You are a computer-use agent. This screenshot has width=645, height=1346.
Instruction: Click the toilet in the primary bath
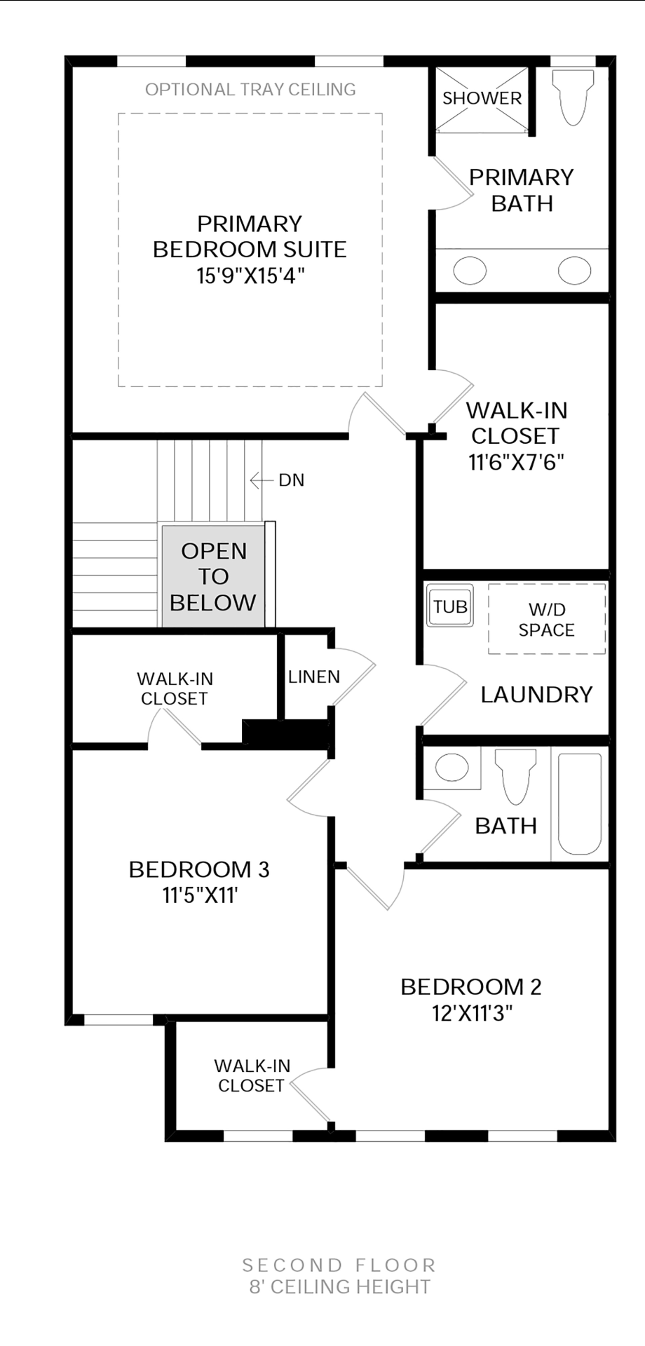click(573, 96)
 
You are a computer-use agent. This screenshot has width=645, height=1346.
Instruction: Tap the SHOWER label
click(482, 98)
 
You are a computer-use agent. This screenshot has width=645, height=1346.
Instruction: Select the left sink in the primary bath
click(470, 271)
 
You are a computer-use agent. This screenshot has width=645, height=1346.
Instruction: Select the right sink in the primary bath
click(574, 271)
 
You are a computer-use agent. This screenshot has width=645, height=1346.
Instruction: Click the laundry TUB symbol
click(450, 606)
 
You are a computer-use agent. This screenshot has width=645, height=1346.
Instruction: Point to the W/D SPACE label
click(547, 620)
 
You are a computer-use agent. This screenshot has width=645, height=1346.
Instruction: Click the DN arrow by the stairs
click(261, 480)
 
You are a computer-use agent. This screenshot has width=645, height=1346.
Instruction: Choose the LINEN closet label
click(314, 677)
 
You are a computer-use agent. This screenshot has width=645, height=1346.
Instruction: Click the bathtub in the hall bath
click(580, 803)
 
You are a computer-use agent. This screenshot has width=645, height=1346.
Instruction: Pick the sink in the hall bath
click(452, 767)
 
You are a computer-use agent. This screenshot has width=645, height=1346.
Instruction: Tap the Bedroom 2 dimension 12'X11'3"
click(473, 1013)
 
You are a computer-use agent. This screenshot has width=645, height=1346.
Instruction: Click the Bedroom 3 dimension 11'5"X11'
click(201, 895)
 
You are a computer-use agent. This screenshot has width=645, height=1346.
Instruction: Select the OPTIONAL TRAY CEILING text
click(250, 90)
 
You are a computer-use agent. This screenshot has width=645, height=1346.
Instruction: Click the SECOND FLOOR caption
click(339, 1265)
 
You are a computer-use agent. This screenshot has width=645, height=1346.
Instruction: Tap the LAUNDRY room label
click(536, 694)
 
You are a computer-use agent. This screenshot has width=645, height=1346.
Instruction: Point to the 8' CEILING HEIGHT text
click(340, 1286)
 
